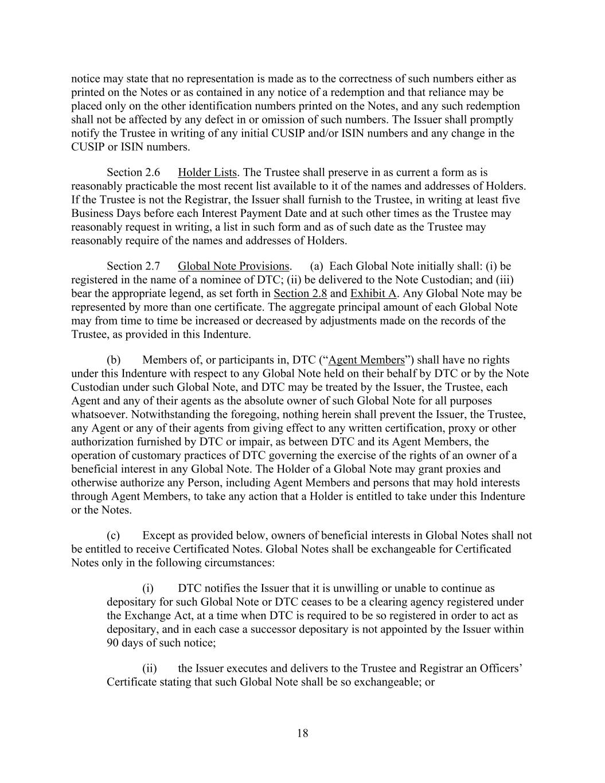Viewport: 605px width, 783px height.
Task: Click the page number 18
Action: coord(302,733)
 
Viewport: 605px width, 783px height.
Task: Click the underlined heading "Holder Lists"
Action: coord(207,173)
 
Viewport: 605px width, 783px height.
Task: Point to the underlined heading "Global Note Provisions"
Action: coord(233,266)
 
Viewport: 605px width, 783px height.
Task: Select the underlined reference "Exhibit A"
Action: coord(373,294)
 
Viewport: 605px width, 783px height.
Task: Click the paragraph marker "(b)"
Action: coord(114,360)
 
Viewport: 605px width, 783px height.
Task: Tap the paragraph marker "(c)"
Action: coord(114,536)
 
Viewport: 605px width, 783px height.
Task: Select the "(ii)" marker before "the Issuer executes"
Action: coord(150,669)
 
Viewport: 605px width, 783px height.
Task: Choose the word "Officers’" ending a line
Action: coord(500,669)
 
